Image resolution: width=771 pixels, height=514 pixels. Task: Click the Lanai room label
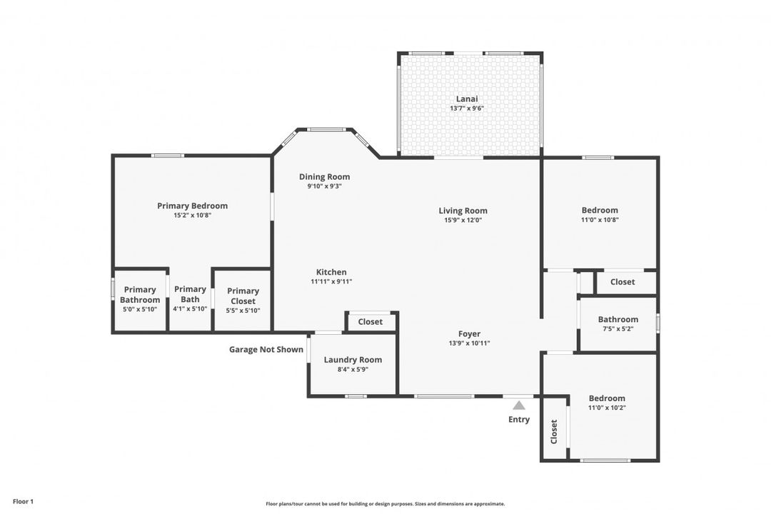pyautogui.click(x=467, y=99)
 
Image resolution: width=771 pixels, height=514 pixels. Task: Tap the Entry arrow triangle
pyautogui.click(x=519, y=405)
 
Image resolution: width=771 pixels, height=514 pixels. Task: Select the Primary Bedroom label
pyautogui.click(x=192, y=206)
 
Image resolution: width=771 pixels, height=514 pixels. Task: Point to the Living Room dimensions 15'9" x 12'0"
pyautogui.click(x=463, y=220)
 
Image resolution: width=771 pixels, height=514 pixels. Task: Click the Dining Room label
pyautogui.click(x=324, y=176)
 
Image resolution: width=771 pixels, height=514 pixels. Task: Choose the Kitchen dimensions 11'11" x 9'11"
pyautogui.click(x=331, y=281)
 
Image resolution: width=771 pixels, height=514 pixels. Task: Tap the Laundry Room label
pyautogui.click(x=353, y=360)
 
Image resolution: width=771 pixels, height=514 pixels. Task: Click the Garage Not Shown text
pyautogui.click(x=266, y=349)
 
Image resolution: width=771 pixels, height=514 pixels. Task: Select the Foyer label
pyautogui.click(x=469, y=333)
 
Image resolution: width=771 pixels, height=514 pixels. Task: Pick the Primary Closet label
pyautogui.click(x=243, y=296)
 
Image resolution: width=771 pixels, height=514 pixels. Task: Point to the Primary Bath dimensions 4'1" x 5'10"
pyautogui.click(x=190, y=309)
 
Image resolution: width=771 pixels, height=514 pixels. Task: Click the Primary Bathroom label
pyautogui.click(x=140, y=294)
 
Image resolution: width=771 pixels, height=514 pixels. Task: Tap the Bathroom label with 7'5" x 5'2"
pyautogui.click(x=618, y=319)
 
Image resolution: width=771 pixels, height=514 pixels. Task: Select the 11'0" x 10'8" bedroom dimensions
pyautogui.click(x=600, y=220)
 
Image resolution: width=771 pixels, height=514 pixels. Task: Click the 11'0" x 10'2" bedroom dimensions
pyautogui.click(x=606, y=408)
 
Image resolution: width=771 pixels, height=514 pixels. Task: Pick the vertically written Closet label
pyautogui.click(x=554, y=431)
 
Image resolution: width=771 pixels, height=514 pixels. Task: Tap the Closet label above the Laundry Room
pyautogui.click(x=371, y=321)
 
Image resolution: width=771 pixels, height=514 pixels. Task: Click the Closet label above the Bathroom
pyautogui.click(x=623, y=281)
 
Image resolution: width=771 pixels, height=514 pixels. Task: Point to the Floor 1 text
pyautogui.click(x=23, y=502)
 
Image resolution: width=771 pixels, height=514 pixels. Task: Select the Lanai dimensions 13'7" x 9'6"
pyautogui.click(x=467, y=109)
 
